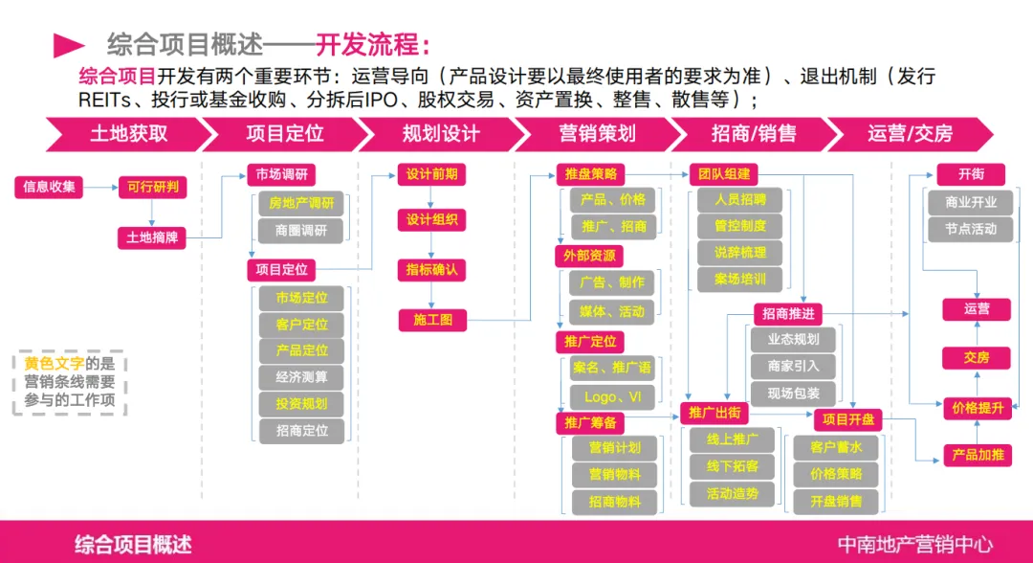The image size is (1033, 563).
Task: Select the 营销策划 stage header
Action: pyautogui.click(x=596, y=133)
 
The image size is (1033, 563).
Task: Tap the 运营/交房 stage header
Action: pyautogui.click(x=909, y=133)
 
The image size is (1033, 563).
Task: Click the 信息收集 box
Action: pyautogui.click(x=50, y=186)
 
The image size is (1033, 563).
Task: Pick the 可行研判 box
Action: pyautogui.click(x=152, y=186)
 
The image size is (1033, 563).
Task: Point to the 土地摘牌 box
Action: pyautogui.click(x=152, y=236)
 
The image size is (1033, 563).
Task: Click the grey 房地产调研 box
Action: pyautogui.click(x=301, y=203)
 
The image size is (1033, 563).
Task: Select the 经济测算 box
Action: pyautogui.click(x=301, y=376)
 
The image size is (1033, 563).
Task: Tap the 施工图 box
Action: pyautogui.click(x=432, y=320)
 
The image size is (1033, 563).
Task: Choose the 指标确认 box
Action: pyautogui.click(x=432, y=270)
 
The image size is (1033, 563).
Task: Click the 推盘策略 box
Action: pyautogui.click(x=589, y=174)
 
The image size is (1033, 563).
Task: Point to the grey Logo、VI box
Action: pyautogui.click(x=612, y=396)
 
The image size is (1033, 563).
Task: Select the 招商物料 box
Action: pyautogui.click(x=614, y=502)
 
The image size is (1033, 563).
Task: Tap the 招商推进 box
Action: pyautogui.click(x=787, y=313)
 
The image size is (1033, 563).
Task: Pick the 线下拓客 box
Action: pyautogui.click(x=733, y=466)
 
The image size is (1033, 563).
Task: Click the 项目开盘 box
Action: pyautogui.click(x=848, y=419)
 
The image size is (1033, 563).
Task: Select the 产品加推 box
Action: pyautogui.click(x=977, y=455)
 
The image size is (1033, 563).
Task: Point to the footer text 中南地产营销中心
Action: pyautogui.click(x=914, y=544)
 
